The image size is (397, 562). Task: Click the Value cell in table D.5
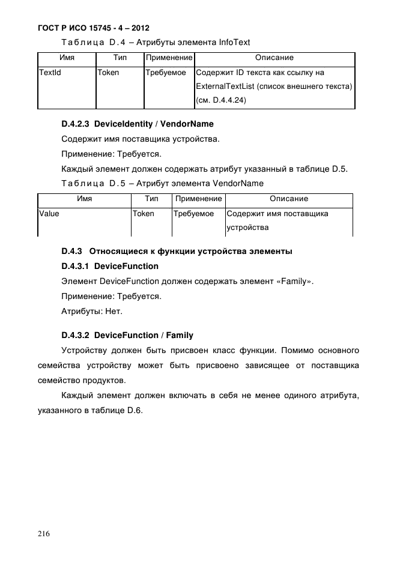pos(49,214)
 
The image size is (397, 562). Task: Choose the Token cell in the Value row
pos(143,214)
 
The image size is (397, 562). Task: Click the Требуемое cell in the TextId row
pos(166,73)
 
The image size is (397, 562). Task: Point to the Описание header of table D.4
pos(274,58)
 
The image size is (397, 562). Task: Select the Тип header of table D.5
pos(151,199)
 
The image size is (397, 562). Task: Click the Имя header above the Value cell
pos(84,199)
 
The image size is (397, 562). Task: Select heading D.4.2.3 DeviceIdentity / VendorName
pos(138,125)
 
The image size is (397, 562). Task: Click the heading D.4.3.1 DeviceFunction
pos(110,266)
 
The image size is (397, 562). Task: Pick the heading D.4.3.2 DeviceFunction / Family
pos(127,335)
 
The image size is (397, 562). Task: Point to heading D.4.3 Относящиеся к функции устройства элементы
pos(177,251)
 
